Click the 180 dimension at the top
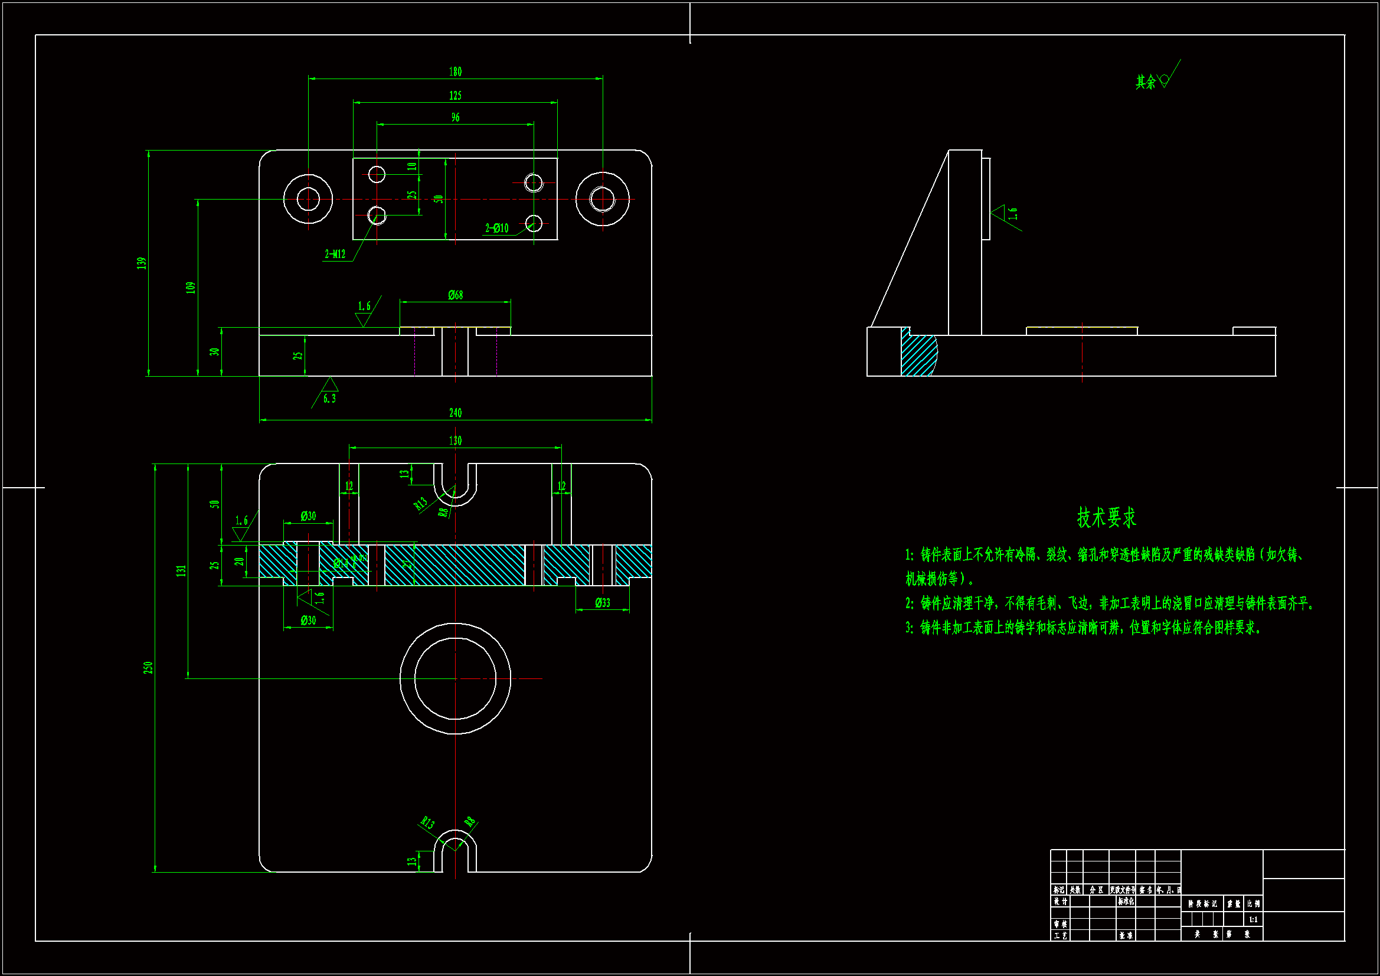pos(455,72)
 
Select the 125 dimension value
pos(455,96)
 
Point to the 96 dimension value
pos(455,118)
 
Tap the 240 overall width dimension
pos(455,413)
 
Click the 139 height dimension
pos(142,263)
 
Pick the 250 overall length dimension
pos(148,668)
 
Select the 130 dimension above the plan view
pos(455,441)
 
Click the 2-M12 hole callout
pos(335,254)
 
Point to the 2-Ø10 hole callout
pos(496,229)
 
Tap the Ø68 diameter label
pos(455,295)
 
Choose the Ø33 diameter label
pos(602,603)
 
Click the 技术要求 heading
pos(1106,517)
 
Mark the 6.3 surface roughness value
pos(329,399)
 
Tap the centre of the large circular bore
pos(455,678)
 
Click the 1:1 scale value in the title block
pos(1253,919)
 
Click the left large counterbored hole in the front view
pos(308,198)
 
